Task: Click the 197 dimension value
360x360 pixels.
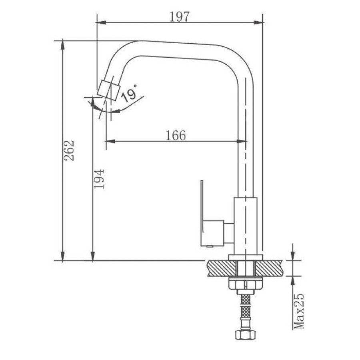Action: coord(180,16)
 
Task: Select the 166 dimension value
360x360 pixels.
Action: coord(176,135)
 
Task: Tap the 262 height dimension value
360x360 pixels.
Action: coord(69,150)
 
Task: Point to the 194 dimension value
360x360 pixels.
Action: coord(99,179)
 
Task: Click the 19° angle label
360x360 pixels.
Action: coord(129,93)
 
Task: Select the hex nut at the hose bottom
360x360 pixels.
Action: coord(246,335)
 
